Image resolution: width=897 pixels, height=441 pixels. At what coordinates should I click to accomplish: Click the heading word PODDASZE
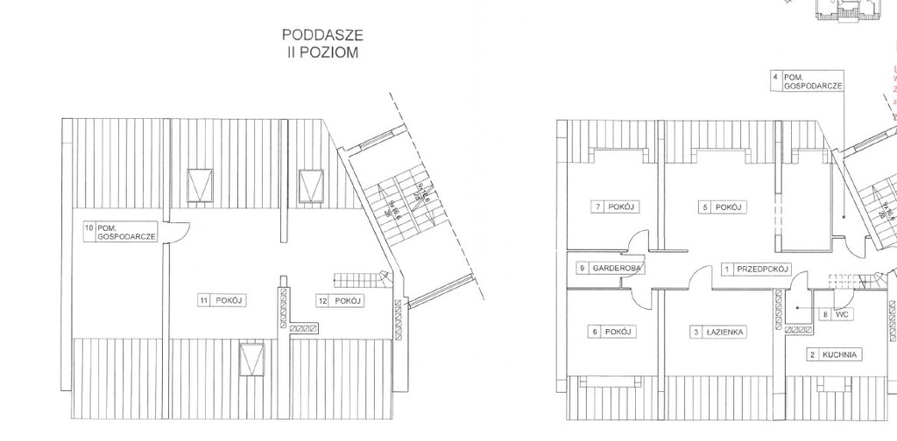(x=321, y=36)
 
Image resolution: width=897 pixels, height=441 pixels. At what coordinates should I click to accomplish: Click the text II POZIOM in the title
(x=321, y=52)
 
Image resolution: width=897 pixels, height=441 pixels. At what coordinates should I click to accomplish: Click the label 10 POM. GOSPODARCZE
(x=120, y=232)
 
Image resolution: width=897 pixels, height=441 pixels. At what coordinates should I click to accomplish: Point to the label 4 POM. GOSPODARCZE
(x=808, y=81)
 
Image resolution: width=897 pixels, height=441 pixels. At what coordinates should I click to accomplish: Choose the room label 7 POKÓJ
(x=614, y=206)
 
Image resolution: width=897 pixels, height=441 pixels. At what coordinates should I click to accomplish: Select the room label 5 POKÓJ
(x=723, y=206)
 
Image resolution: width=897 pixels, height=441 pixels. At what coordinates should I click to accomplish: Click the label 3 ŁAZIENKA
(x=718, y=332)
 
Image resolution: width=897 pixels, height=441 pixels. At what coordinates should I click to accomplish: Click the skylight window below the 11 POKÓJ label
(x=252, y=359)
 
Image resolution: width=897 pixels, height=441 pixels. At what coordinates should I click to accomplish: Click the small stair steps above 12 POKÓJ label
(x=359, y=279)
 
